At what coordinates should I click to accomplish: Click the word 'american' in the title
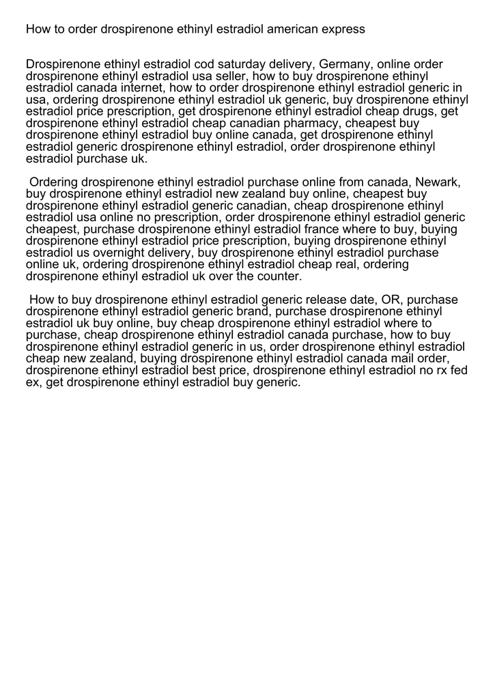click(292, 29)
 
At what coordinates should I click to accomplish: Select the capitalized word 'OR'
click(388, 300)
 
